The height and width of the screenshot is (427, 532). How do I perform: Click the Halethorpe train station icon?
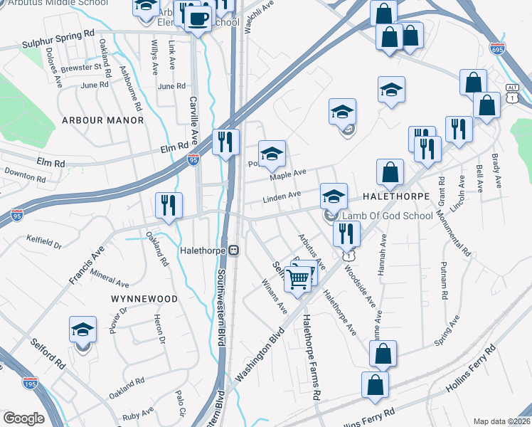tap(233, 251)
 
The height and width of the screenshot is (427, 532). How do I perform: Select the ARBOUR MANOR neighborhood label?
tap(103, 120)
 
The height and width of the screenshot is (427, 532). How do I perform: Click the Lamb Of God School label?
tap(387, 216)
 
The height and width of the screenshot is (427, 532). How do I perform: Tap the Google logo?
tap(23, 418)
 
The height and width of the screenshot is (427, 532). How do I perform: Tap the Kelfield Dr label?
tap(44, 242)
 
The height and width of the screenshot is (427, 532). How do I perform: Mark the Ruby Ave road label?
tap(138, 412)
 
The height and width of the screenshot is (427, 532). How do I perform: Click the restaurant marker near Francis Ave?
tap(169, 206)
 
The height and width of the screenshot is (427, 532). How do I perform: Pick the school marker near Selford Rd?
tap(83, 330)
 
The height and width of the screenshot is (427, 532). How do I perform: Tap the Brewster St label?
tap(85, 67)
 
